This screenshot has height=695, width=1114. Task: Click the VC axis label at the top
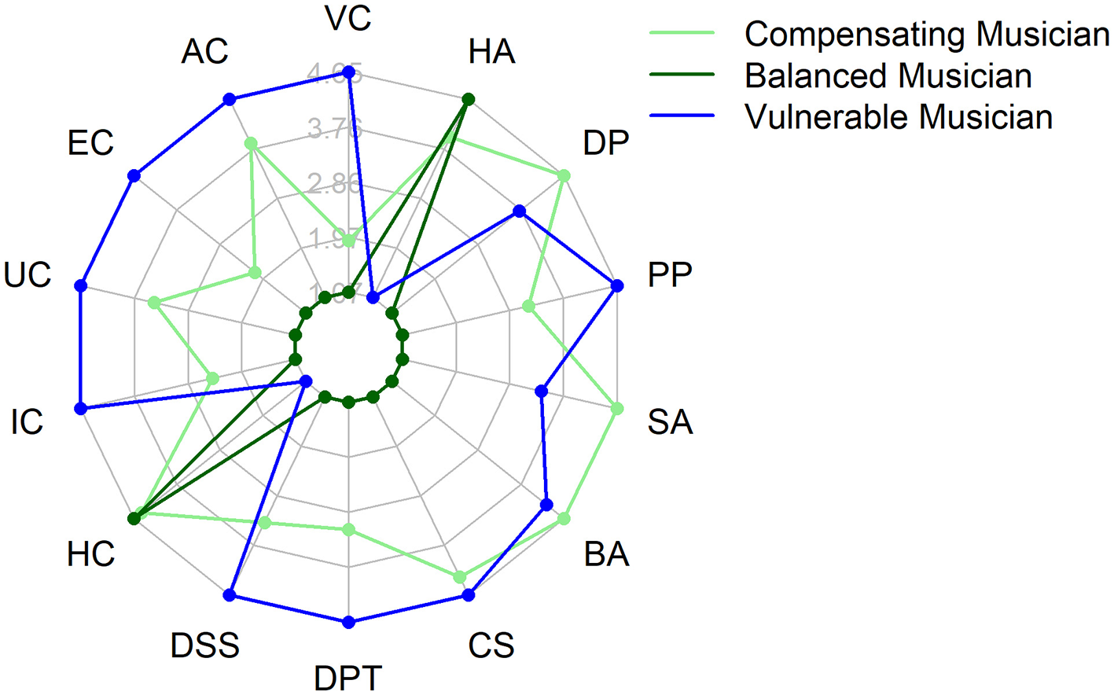tap(348, 19)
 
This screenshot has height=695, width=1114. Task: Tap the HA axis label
tap(491, 52)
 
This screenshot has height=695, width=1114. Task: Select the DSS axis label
tap(204, 645)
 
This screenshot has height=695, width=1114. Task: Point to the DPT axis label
tap(348, 678)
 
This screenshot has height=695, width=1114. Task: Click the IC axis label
tap(27, 422)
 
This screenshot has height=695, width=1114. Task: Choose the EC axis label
tap(90, 143)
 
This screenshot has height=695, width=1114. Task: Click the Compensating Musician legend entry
tap(926, 34)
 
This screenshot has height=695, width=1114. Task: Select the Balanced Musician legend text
tap(888, 75)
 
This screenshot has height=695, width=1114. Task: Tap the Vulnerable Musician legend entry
tap(898, 117)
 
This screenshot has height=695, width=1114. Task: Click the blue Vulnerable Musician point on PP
tap(617, 285)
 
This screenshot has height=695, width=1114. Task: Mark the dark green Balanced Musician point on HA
tap(469, 99)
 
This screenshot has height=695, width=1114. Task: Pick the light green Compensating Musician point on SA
tap(617, 409)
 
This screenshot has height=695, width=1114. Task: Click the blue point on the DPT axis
tap(349, 622)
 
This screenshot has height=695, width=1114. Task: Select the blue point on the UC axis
tap(80, 285)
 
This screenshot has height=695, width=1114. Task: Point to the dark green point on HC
tap(134, 518)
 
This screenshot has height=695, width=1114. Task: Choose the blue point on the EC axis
tap(134, 176)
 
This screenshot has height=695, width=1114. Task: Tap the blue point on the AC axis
tap(230, 99)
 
